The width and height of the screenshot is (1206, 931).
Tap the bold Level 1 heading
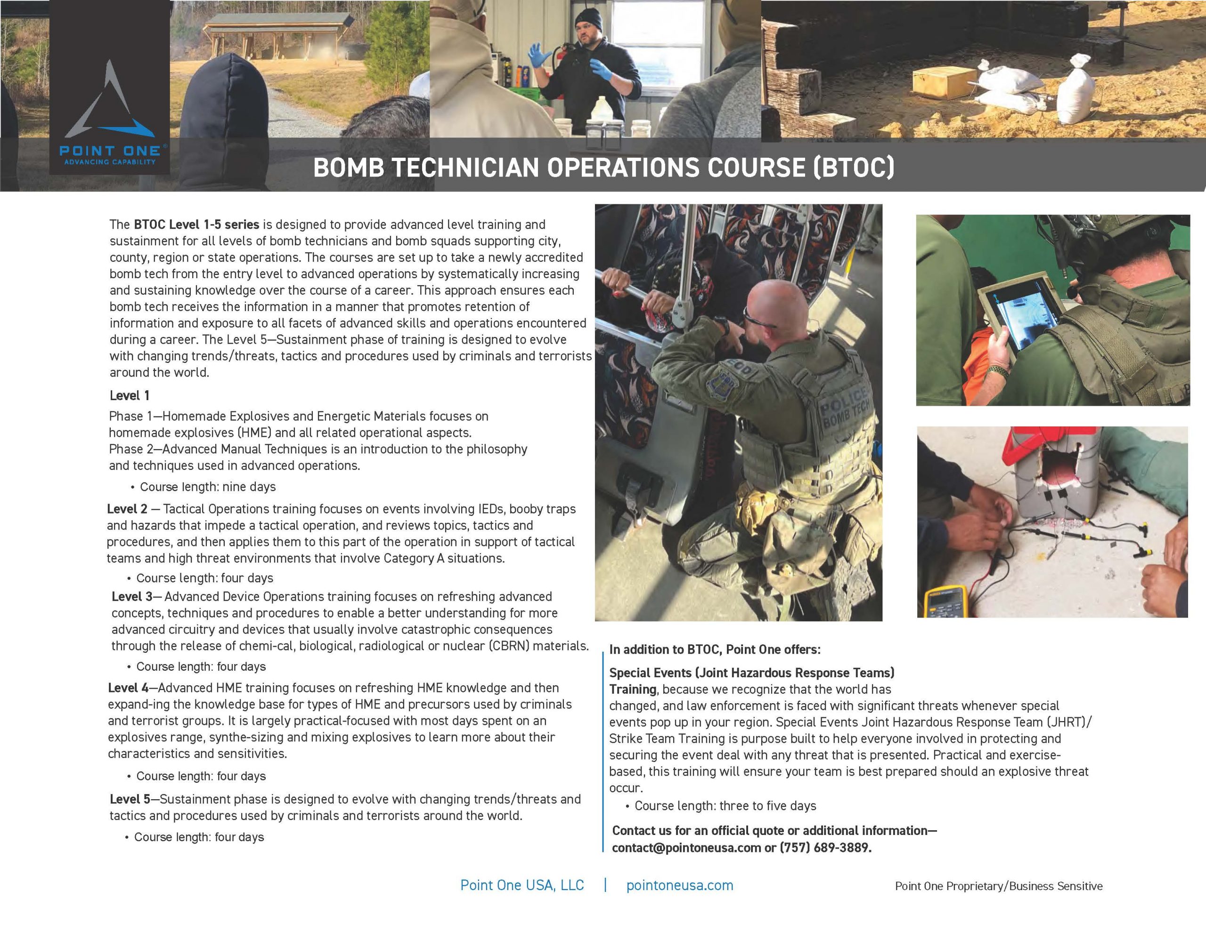(129, 396)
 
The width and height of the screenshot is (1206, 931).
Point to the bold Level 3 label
(132, 596)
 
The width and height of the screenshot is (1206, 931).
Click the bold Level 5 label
(130, 799)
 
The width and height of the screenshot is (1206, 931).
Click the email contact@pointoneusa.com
(686, 848)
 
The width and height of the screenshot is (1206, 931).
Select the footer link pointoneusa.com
(679, 885)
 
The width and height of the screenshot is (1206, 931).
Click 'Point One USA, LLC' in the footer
(522, 885)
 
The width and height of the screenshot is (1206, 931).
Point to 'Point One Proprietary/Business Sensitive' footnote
(998, 886)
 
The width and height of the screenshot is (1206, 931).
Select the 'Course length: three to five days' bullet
(725, 806)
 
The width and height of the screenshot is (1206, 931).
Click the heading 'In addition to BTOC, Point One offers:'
(715, 650)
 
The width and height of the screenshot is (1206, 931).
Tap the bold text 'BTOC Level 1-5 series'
(196, 225)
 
